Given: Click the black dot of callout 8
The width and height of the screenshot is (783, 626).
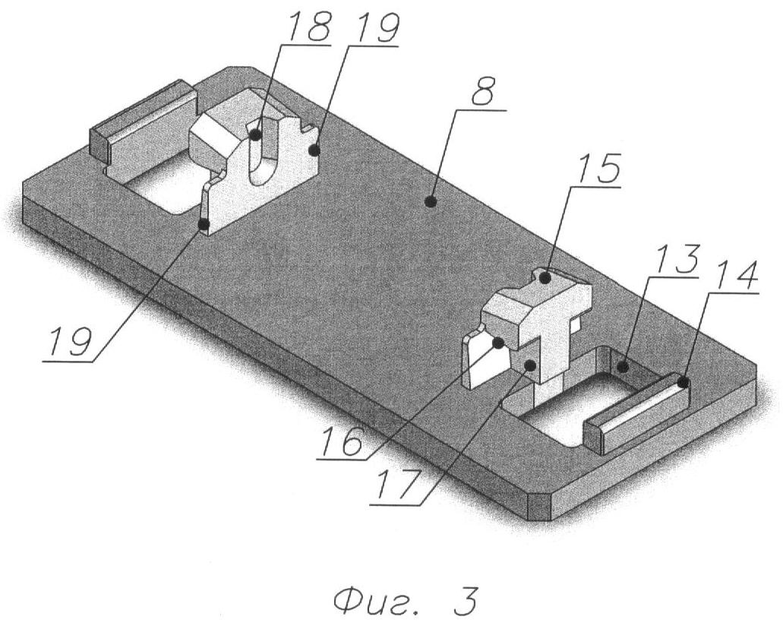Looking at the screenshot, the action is click(x=431, y=202).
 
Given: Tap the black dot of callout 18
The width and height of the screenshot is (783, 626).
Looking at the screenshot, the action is click(x=255, y=134).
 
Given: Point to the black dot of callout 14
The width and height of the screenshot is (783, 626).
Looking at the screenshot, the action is click(x=683, y=383).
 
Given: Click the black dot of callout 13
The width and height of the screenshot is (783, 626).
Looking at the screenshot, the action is click(x=623, y=367).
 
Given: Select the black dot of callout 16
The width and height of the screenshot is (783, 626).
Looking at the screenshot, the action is click(x=497, y=343).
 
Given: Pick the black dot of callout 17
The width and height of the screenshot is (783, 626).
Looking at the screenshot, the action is click(x=530, y=365).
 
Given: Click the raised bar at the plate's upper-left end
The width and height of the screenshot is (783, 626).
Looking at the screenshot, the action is click(x=142, y=121).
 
